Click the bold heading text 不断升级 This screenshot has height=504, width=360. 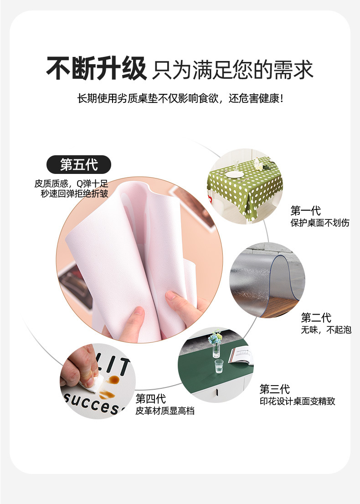[x=96, y=69]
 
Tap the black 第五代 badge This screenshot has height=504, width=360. [x=79, y=164]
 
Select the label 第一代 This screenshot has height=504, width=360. [x=305, y=211]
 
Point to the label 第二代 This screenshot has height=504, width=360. [x=316, y=318]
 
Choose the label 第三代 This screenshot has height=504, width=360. [x=274, y=389]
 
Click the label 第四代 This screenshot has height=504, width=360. [x=150, y=399]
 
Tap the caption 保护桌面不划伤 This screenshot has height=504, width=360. [x=320, y=223]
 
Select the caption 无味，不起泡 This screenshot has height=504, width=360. [x=326, y=330]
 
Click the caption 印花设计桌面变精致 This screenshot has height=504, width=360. [x=297, y=402]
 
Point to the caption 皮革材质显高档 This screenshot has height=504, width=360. [x=165, y=411]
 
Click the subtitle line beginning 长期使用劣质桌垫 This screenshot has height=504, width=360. [x=180, y=98]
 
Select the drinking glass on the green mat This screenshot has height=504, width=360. [x=219, y=365]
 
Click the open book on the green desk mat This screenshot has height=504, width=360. [x=241, y=356]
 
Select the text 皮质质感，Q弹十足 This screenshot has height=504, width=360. [x=71, y=183]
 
